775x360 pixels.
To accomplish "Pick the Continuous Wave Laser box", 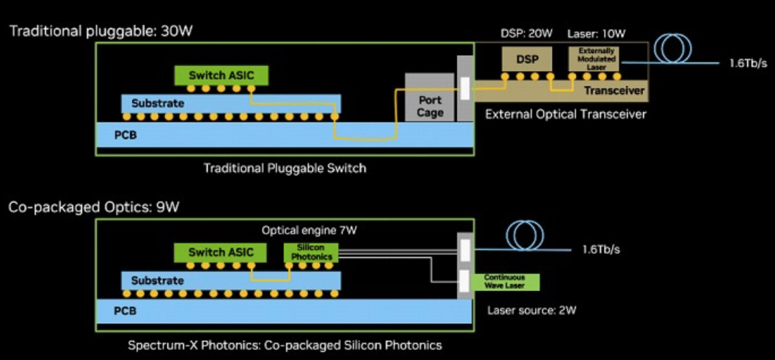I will pos(504,281).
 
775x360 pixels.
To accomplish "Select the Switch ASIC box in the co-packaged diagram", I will pos(216,252).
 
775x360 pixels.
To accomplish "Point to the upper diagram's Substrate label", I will pos(157,103).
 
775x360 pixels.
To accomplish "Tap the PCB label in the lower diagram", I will pos(124,311).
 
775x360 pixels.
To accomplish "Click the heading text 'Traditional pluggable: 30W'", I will pos(101,31).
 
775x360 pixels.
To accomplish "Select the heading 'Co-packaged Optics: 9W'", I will pos(93,207).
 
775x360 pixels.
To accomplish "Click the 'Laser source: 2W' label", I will pos(532,311).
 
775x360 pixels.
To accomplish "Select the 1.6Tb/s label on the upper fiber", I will pos(746,63).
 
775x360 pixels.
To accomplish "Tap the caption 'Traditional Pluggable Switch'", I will pos(285,169).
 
